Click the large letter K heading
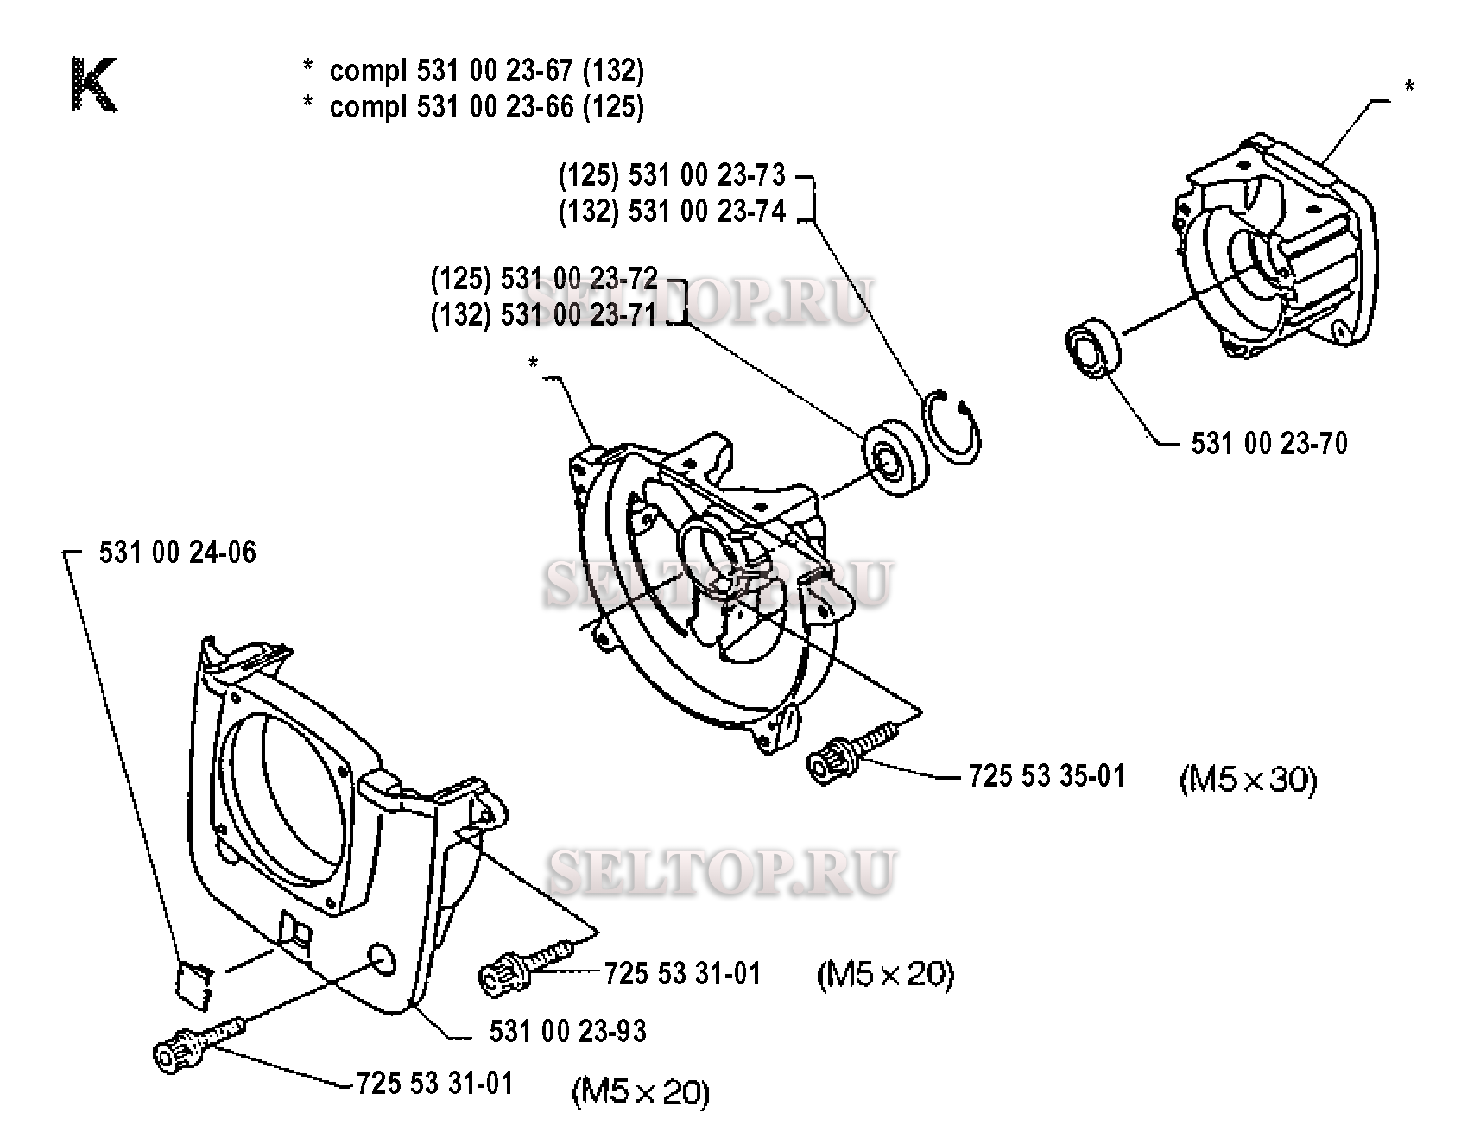[93, 85]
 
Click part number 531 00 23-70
[1268, 444]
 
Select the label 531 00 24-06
[177, 553]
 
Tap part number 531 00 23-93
[567, 1031]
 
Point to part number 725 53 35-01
[1047, 776]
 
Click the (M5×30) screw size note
[1248, 781]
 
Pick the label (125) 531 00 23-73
[672, 176]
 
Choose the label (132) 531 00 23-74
[672, 212]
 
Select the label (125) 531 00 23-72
[544, 279]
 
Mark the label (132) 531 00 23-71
[544, 315]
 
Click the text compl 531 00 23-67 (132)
[486, 71]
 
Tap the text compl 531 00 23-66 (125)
[486, 107]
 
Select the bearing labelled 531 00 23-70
[1092, 349]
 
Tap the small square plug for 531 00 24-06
[193, 983]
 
